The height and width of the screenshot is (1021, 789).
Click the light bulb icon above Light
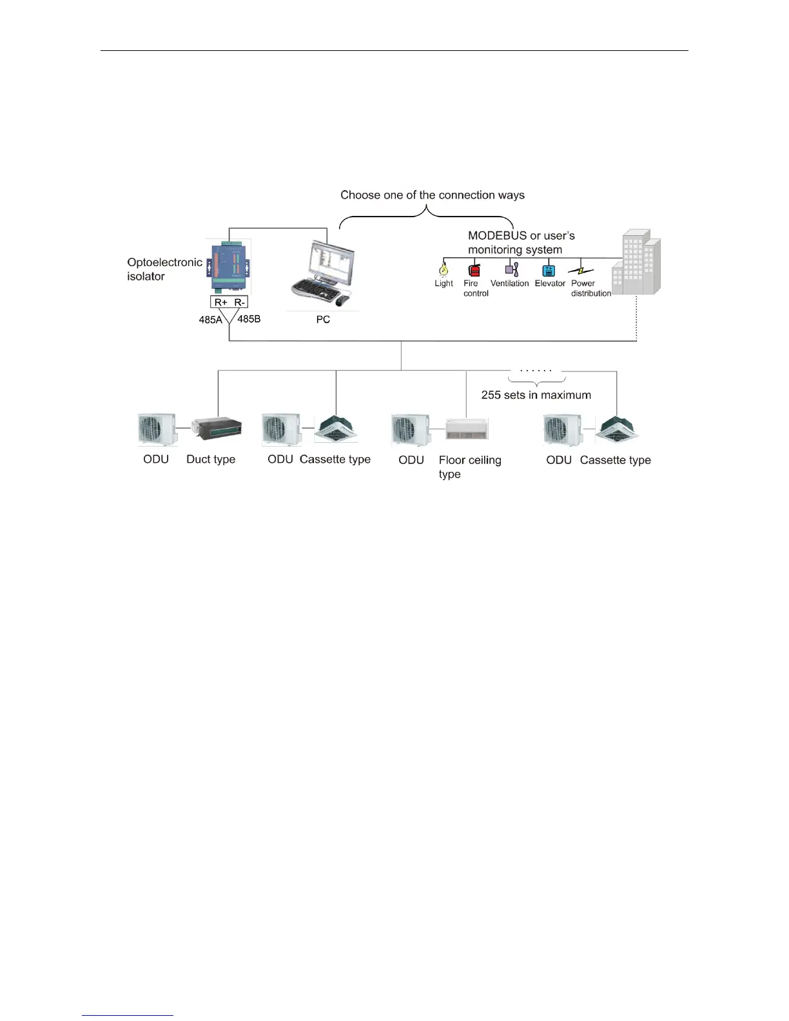443,269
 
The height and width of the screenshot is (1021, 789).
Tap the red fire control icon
474,270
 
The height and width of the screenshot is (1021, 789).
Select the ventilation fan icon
512,270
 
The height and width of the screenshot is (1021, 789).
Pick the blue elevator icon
549,270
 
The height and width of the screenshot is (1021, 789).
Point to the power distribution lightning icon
581,271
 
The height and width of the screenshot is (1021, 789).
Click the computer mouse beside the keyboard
342,300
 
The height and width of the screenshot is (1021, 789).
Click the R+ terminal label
221,302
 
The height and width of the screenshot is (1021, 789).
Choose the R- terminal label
239,302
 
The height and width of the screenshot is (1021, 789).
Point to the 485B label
249,318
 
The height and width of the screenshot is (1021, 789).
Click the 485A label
210,320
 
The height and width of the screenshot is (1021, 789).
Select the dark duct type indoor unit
217,428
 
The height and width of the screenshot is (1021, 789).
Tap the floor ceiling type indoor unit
467,429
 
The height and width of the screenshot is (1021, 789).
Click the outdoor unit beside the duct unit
157,429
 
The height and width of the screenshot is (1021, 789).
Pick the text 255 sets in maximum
536,395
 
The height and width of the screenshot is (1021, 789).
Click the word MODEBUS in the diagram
497,236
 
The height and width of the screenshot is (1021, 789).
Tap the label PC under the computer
323,320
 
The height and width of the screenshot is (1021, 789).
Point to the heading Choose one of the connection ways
432,195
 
